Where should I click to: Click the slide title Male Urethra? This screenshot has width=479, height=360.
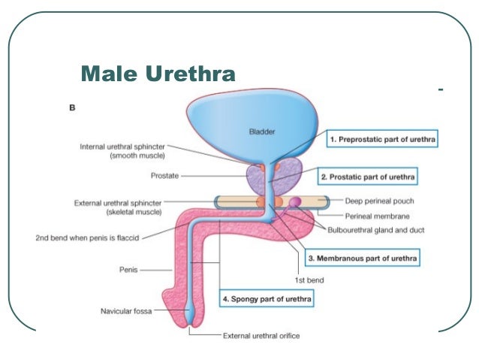(x=158, y=74)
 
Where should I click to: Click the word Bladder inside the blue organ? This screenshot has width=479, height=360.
(x=262, y=132)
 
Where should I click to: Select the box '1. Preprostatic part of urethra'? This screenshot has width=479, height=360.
(x=382, y=140)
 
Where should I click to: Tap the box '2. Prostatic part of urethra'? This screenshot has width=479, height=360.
(x=368, y=177)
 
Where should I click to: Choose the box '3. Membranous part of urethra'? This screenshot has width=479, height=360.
(x=363, y=259)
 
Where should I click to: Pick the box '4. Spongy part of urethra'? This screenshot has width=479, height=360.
(x=266, y=299)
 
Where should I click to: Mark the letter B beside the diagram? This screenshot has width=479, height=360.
(x=72, y=107)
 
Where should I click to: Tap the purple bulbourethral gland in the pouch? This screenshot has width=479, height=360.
(x=295, y=201)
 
